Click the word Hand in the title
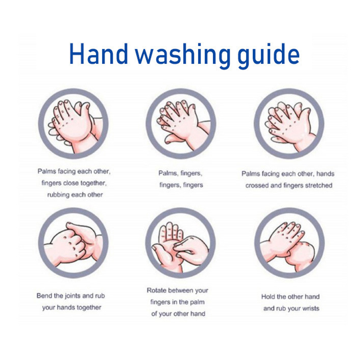coord(99,54)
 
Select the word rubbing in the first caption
coord(58,195)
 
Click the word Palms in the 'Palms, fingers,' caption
coord(168,173)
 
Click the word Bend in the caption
coord(44,296)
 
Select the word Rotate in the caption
coord(157,290)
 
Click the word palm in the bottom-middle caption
coord(197,302)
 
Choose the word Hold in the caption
coord(268,297)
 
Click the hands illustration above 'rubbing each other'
coord(73,124)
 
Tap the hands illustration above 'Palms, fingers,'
coord(181,124)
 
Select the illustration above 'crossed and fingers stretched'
coord(289,124)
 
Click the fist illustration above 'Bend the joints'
coord(73,243)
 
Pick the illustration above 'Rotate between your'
coord(180,243)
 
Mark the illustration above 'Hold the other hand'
coord(289,243)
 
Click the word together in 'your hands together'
coord(89,308)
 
